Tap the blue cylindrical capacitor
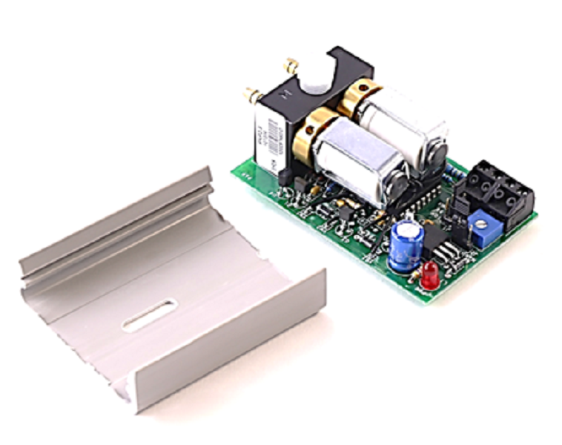pos(407,245)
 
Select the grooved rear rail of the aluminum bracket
pos(111,222)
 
